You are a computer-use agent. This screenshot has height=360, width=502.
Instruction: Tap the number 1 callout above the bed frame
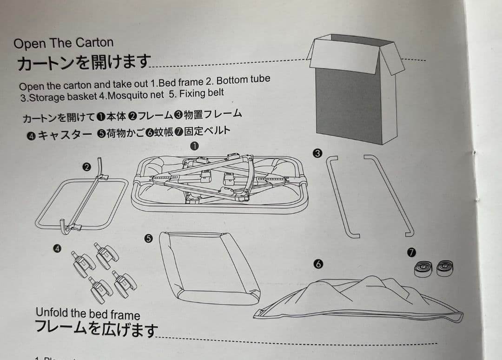(195, 146)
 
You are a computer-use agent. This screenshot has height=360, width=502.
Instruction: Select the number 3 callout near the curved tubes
(317, 154)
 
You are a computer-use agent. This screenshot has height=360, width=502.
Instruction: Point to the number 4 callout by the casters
(57, 249)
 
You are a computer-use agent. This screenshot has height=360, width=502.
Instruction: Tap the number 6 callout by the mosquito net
(318, 264)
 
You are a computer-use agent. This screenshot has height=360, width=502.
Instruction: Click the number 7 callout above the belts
(411, 252)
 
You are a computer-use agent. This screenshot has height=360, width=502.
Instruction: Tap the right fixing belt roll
(445, 268)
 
